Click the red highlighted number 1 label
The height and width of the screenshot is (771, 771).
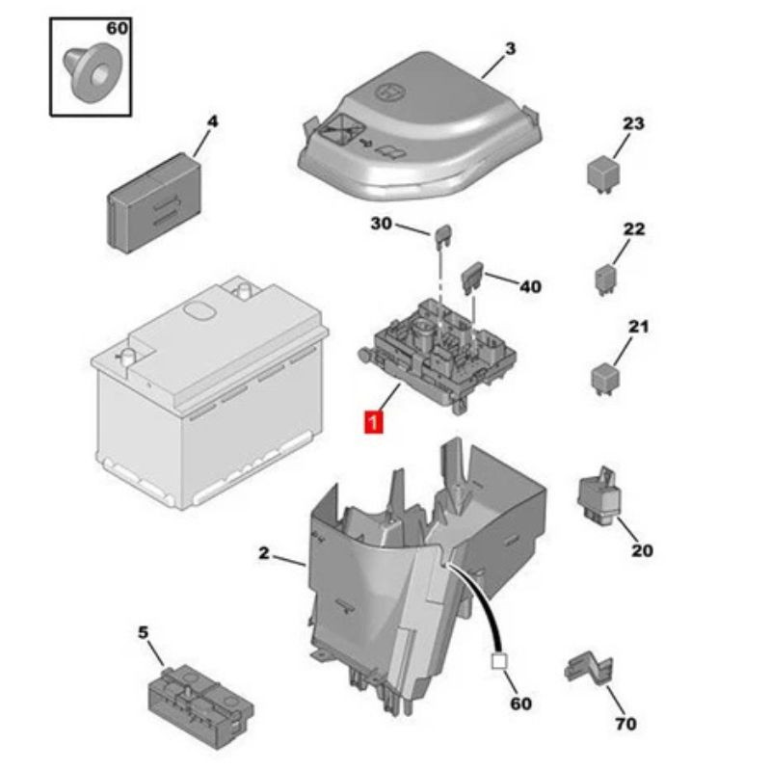372,421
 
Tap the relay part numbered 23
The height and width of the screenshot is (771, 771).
600,174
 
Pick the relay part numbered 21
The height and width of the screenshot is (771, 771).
605,376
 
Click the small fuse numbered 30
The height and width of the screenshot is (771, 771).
444,234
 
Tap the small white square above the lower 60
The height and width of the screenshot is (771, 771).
499,662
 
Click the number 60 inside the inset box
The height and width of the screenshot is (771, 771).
117,29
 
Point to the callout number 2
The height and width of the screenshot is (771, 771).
264,553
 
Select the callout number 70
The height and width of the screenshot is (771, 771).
625,724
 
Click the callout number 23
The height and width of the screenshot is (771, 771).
632,123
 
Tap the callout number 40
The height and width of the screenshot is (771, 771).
530,287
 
